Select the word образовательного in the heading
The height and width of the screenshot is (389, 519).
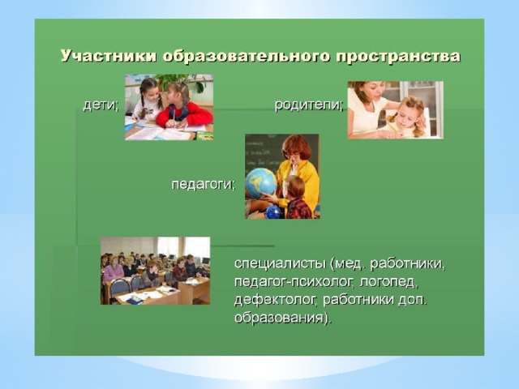(246, 56)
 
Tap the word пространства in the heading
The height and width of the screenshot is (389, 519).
(398, 57)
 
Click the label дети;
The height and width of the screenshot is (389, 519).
(101, 105)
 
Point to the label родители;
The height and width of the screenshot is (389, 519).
(309, 105)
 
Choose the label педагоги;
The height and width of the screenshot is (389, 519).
(204, 184)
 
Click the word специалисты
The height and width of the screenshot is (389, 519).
(280, 264)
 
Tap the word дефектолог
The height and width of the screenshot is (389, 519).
(276, 300)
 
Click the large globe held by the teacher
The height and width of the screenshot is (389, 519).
(261, 183)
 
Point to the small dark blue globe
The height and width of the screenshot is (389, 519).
(273, 212)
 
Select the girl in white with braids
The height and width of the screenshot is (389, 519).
(148, 99)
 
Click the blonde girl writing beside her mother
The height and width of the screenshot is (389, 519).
(405, 118)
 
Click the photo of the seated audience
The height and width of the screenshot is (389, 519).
(155, 271)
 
